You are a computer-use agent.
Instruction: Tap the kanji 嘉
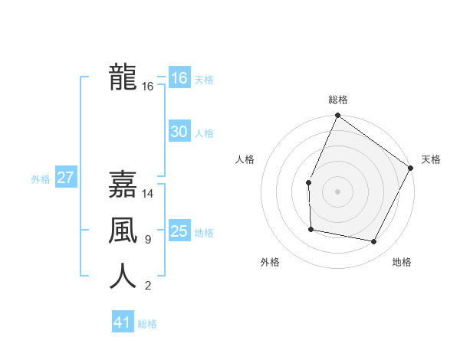[x=123, y=185]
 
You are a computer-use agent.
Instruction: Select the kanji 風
[x=123, y=231]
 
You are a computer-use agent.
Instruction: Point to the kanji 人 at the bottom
[x=123, y=277]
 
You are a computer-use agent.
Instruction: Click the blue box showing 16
[x=179, y=78]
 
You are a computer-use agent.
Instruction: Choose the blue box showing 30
[x=179, y=132]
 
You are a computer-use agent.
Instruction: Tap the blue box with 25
[x=179, y=231]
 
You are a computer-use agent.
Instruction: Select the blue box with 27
[x=65, y=178]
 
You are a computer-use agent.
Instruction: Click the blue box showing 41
[x=122, y=322]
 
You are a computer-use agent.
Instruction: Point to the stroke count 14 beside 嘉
[x=148, y=194]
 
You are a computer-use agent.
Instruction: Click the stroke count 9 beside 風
[x=147, y=240]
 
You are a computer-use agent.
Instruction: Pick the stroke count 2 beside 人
[x=147, y=286]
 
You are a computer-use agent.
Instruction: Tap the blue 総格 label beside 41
[x=147, y=324]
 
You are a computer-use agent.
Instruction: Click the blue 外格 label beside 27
[x=41, y=179]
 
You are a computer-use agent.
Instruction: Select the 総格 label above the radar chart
[x=337, y=100]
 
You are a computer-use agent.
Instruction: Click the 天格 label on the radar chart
[x=431, y=159]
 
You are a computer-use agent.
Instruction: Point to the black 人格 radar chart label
[x=245, y=159]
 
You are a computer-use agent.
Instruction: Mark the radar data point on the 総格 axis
[x=337, y=116]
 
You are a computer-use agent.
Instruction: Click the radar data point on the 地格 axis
[x=374, y=241]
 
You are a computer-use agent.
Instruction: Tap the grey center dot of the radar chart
[x=337, y=191]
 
